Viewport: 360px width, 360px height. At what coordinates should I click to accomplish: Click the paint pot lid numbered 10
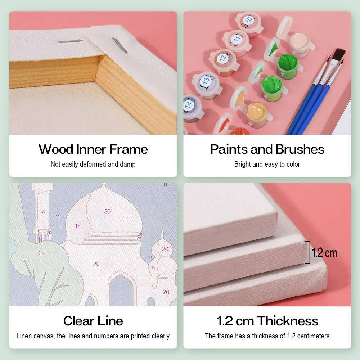click(249, 20)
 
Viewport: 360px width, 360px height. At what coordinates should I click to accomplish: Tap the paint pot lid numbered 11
click(237, 39)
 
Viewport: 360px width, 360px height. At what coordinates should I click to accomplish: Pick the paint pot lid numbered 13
click(206, 80)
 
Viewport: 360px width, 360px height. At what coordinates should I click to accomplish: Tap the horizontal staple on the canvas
click(69, 41)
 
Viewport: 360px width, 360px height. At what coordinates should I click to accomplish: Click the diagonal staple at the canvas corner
click(120, 45)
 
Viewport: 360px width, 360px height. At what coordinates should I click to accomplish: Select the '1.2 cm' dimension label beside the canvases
click(324, 253)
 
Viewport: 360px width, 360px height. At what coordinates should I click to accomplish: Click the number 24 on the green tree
click(41, 253)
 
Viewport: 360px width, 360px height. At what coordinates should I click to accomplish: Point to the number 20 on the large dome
click(107, 211)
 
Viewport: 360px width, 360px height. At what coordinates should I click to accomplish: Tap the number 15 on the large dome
click(78, 226)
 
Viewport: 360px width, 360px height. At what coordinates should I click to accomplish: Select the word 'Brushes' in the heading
click(300, 149)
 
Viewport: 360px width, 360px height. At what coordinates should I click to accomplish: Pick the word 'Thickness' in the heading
click(288, 321)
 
